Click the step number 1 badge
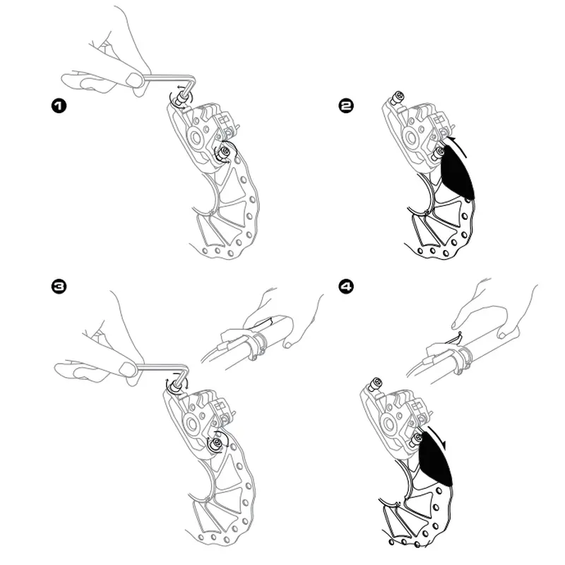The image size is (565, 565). [x=59, y=106]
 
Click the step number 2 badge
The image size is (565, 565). [x=347, y=105]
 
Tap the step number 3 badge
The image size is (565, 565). [x=59, y=287]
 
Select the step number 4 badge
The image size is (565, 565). [x=347, y=287]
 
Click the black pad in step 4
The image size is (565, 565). [x=435, y=458]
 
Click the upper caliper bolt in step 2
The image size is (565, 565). [x=398, y=97]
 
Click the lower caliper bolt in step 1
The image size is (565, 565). [x=224, y=153]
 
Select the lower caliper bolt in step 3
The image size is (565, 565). [x=217, y=444]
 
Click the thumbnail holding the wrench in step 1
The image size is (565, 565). [x=133, y=79]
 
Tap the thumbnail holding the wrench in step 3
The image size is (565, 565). [x=127, y=369]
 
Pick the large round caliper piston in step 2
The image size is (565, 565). [x=412, y=137]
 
